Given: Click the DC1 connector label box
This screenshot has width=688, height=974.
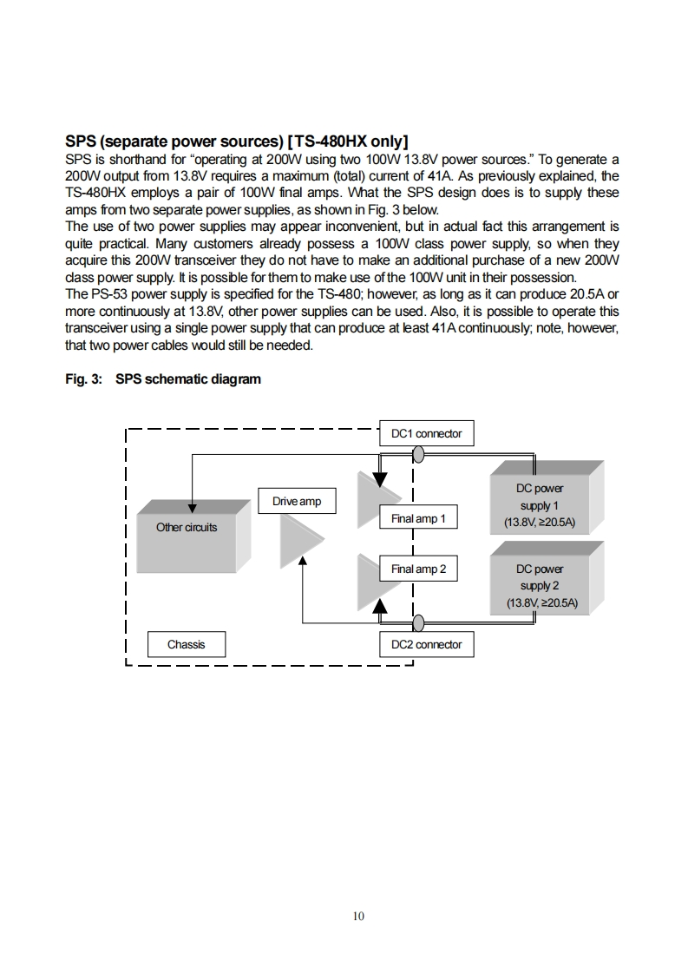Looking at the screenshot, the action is coord(427,433).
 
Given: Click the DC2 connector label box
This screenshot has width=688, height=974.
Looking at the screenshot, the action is coord(427,644).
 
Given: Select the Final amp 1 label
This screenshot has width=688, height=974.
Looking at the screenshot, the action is coord(418,518).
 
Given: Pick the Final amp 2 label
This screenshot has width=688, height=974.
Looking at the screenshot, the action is coord(418,569).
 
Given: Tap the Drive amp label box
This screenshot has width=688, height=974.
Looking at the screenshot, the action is coord(297,501).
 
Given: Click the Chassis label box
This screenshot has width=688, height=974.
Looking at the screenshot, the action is coord(187,644).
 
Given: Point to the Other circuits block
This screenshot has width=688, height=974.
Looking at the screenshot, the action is coord(193,535).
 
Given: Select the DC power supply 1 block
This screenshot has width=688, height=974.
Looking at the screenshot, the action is coord(547,497).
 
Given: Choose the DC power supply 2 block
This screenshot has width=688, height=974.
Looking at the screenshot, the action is coord(547,577).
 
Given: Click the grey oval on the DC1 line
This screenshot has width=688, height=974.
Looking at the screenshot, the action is coord(418,456).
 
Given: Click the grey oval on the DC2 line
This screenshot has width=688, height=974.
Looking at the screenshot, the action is coord(418,623).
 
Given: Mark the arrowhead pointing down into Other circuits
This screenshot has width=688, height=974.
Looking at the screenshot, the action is coord(193,508).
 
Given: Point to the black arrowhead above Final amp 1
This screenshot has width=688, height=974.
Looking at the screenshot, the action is coord(380,480).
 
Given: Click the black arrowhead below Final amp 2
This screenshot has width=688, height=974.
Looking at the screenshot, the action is coord(380,606).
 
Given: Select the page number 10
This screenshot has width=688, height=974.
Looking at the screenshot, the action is coord(358,916).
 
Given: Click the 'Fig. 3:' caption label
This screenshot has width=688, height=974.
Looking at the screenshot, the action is coord(84,378).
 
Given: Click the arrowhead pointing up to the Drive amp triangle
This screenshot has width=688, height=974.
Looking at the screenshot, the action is coord(303,561).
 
